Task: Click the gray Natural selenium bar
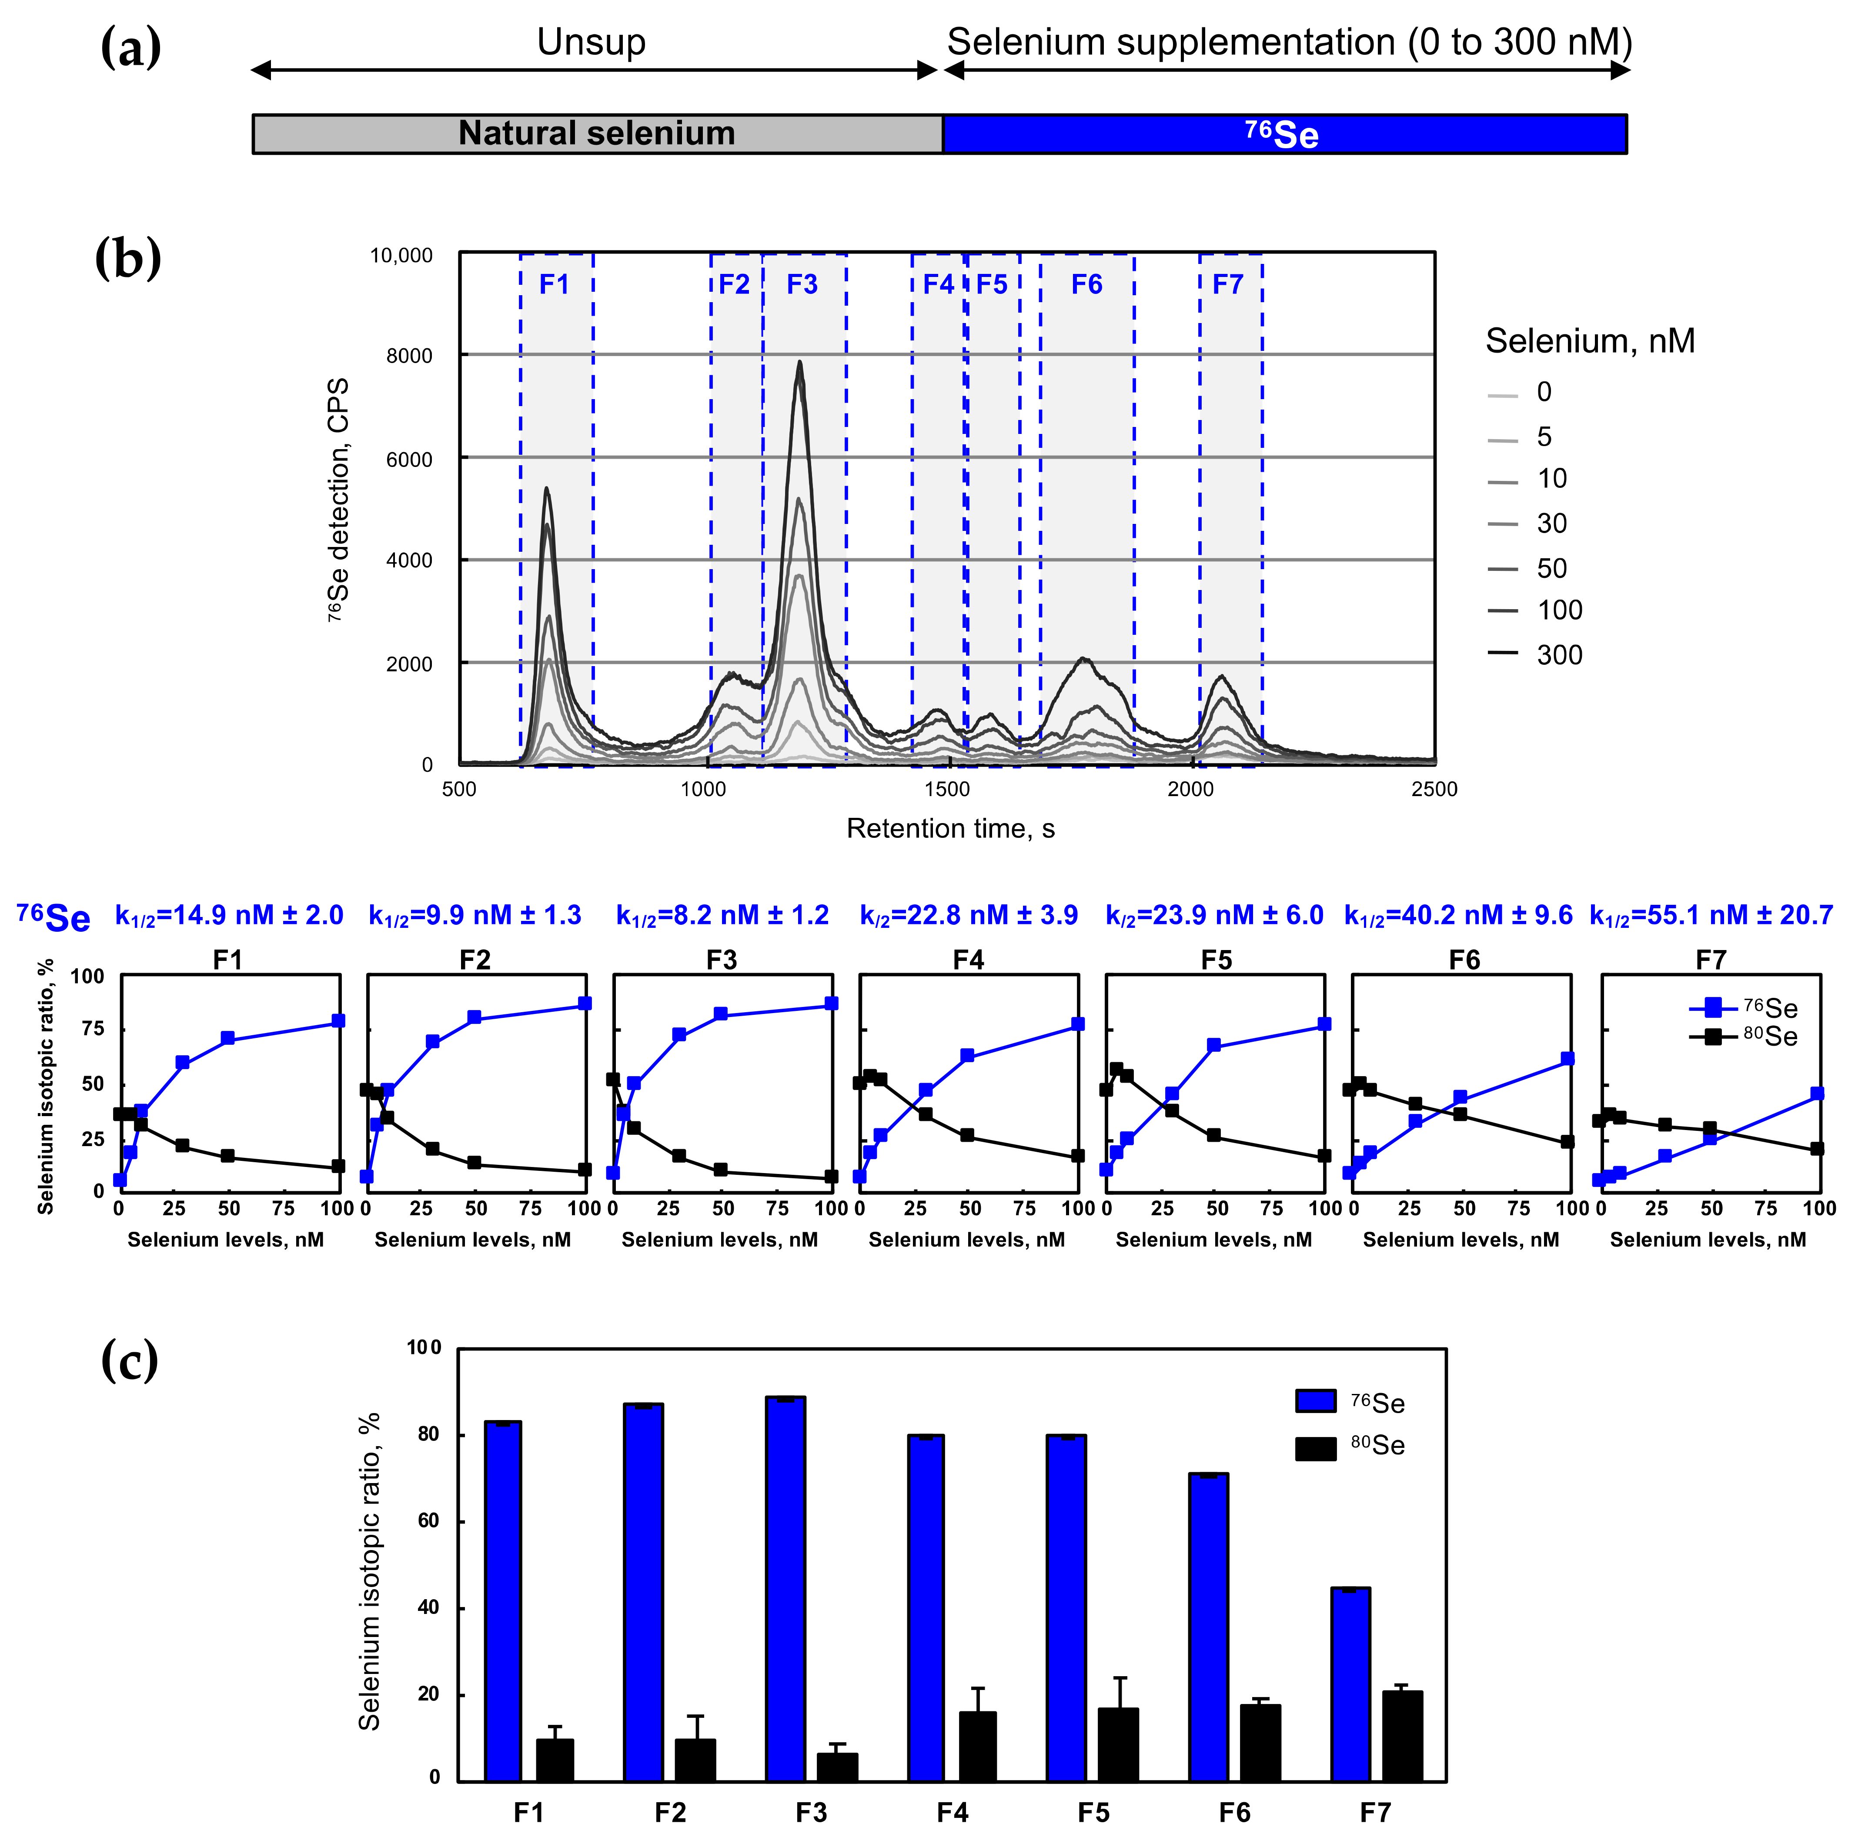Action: coord(597,134)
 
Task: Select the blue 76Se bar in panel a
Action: coord(1284,134)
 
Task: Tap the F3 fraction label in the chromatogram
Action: coord(802,285)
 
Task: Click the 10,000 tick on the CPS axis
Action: coord(401,256)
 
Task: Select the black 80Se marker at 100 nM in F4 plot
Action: coord(1078,1156)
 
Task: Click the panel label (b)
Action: coord(128,260)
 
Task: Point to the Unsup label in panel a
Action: coord(591,43)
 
